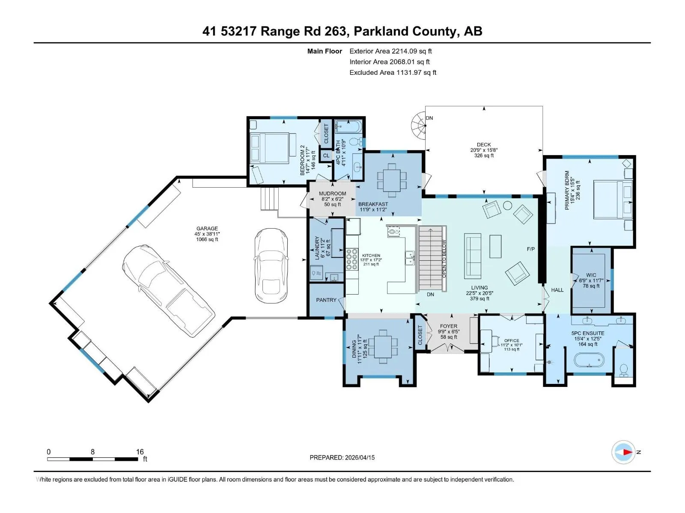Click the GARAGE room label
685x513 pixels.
coord(207,228)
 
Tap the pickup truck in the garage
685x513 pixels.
coord(169,291)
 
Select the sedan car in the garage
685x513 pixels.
coord(271,265)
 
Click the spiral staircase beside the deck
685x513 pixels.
coord(418,126)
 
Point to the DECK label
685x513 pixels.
coord(484,144)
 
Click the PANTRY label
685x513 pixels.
coord(326,300)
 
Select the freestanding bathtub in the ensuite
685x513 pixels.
coord(589,360)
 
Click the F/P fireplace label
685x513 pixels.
coord(530,249)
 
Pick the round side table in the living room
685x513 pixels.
coord(507,205)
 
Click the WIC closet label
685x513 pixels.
coord(591,275)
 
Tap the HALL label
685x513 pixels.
coord(557,290)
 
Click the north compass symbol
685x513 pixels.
coord(623,452)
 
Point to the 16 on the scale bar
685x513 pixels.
coord(140,451)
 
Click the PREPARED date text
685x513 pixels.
coord(342,457)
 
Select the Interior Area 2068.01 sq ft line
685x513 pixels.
coord(390,62)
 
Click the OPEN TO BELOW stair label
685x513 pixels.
coord(444,259)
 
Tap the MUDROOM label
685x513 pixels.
coord(332,193)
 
